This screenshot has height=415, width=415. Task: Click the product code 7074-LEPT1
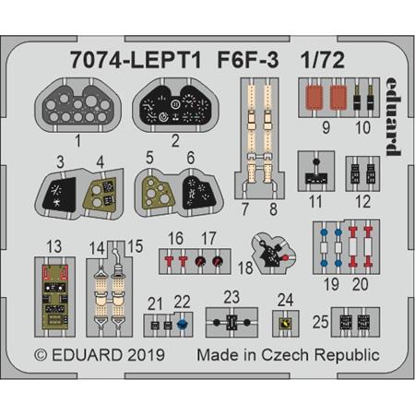coord(136,60)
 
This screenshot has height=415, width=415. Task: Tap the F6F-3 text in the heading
coord(248,60)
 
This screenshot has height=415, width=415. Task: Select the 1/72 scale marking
coord(323,60)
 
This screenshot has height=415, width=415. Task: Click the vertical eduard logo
coord(394,116)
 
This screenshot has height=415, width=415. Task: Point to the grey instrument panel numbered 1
coord(77,106)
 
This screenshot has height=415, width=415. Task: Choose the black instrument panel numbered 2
coord(175,105)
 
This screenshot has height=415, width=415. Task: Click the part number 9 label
coord(326,127)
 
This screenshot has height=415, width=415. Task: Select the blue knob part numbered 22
coord(183,324)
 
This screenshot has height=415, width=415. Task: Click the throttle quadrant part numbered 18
coord(273,255)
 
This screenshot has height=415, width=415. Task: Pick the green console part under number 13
coord(55,297)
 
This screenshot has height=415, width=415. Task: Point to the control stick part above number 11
coord(316,172)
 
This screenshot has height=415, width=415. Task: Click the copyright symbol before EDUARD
coord(41,355)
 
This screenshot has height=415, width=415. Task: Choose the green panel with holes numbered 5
coord(156,193)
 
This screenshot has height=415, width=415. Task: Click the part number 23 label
coord(231,297)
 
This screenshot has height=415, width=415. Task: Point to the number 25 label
coord(321,322)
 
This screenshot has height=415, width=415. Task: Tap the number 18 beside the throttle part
coord(245,267)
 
